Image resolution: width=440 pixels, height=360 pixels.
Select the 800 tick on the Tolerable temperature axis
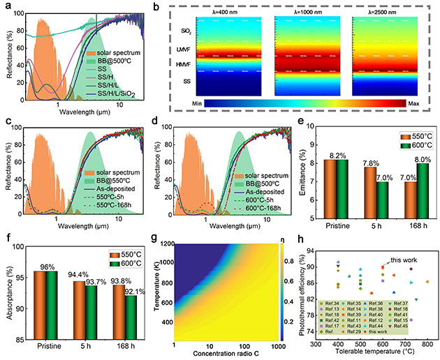click(427, 345)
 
